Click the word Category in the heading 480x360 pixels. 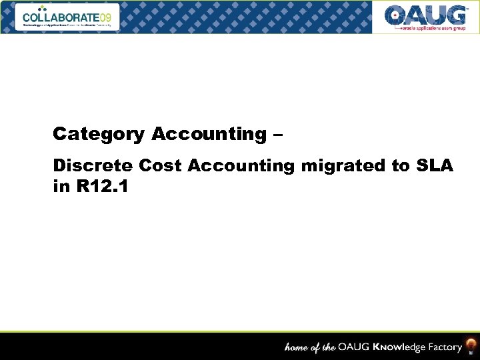pos(98,134)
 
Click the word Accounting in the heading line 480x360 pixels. pos(208,134)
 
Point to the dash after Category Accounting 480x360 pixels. pos(277,135)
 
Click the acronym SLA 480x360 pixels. pos(433,166)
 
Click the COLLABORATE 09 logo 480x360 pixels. pos(70,17)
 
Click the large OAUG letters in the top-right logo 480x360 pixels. pos(425,15)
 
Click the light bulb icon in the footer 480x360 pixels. pos(471,345)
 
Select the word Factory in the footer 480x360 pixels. pos(441,347)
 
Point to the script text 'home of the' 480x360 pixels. pos(310,347)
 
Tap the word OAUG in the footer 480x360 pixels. pos(352,347)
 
